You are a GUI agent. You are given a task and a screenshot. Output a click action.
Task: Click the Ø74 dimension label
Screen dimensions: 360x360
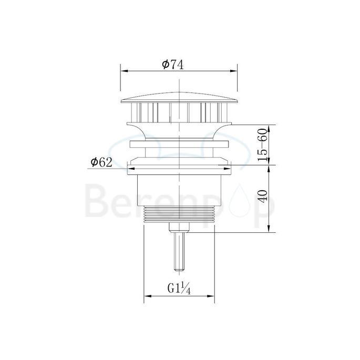pos(172,64)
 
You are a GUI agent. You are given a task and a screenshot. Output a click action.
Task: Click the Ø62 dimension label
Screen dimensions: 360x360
pos(101,162)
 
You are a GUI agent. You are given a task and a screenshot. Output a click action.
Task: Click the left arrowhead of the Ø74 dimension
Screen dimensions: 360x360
pos(124,71)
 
